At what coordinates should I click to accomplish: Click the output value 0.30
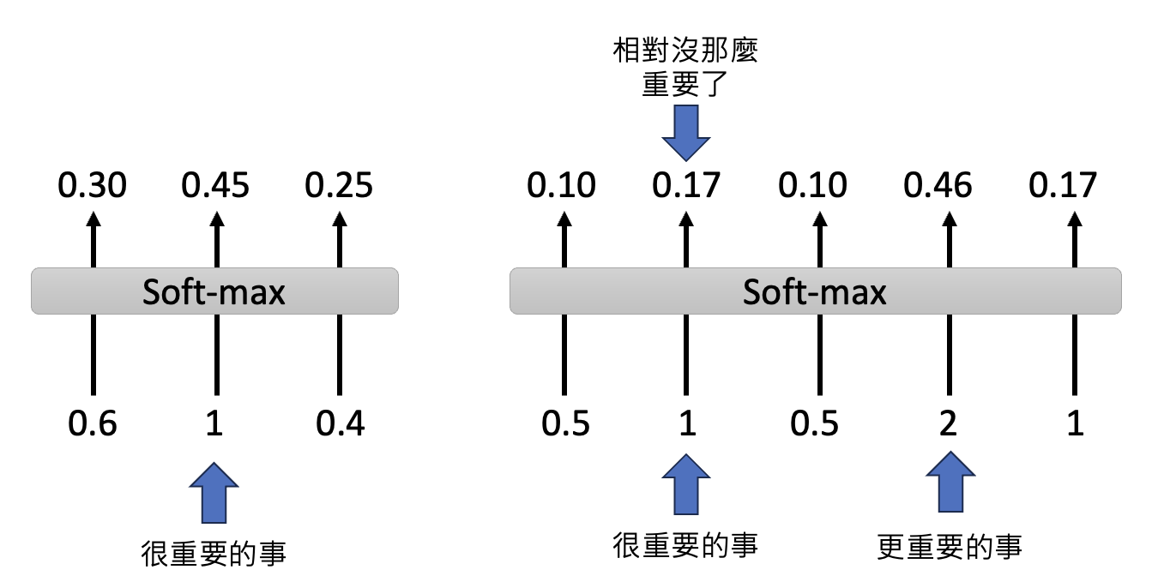[x=93, y=184]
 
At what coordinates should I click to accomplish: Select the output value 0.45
[x=215, y=184]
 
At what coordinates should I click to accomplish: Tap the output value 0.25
[x=340, y=184]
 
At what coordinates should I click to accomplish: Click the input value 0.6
[x=93, y=423]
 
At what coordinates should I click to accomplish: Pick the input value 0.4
[x=340, y=423]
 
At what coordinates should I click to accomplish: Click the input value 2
[x=948, y=423]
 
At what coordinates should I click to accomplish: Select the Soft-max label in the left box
[x=214, y=292]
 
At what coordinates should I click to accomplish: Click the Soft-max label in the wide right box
[x=814, y=292]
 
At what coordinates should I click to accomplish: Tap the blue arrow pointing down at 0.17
[x=687, y=134]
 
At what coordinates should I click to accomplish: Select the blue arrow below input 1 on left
[x=214, y=493]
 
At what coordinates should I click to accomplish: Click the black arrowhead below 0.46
[x=948, y=220]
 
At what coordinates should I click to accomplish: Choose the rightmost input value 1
[x=1074, y=423]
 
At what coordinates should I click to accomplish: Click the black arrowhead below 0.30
[x=93, y=220]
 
